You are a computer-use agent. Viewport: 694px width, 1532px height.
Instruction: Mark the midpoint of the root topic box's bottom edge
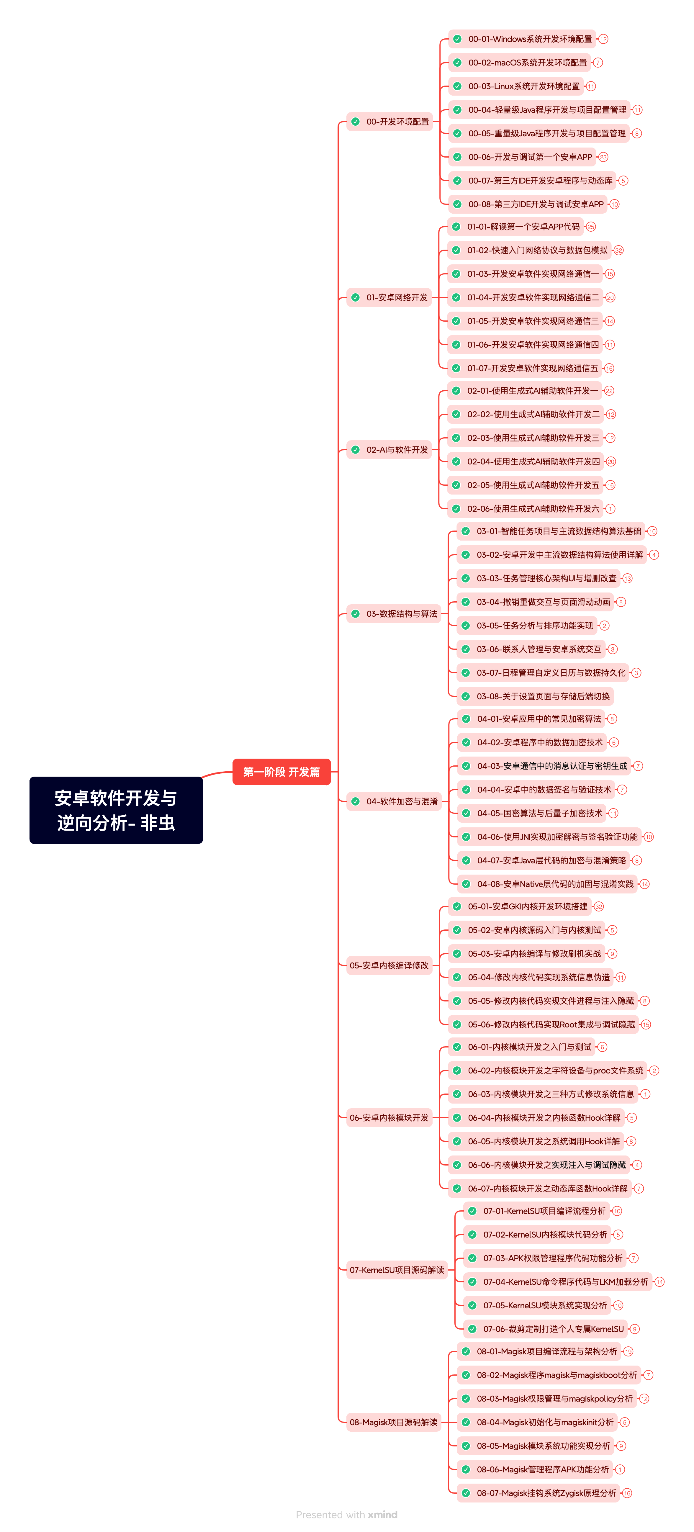[x=116, y=843]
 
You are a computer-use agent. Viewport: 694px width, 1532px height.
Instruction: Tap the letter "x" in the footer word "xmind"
[x=371, y=1515]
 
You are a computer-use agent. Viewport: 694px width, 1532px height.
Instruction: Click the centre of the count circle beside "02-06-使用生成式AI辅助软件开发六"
[x=610, y=508]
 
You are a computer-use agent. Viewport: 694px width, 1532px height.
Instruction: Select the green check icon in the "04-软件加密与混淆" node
[x=355, y=801]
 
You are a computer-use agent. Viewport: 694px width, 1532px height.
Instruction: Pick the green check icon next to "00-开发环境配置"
[x=355, y=121]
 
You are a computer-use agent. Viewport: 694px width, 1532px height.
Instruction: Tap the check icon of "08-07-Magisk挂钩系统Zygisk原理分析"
[x=466, y=1493]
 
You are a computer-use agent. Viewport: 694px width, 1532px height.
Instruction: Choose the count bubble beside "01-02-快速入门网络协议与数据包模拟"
[x=618, y=251]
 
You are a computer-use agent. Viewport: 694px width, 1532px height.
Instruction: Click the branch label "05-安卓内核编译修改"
[x=389, y=965]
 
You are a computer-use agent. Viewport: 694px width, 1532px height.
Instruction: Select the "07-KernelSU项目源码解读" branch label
[x=397, y=1270]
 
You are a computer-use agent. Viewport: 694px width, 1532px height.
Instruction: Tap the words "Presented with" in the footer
[x=330, y=1515]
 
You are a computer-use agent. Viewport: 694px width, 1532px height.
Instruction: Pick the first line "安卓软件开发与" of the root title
[x=116, y=798]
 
